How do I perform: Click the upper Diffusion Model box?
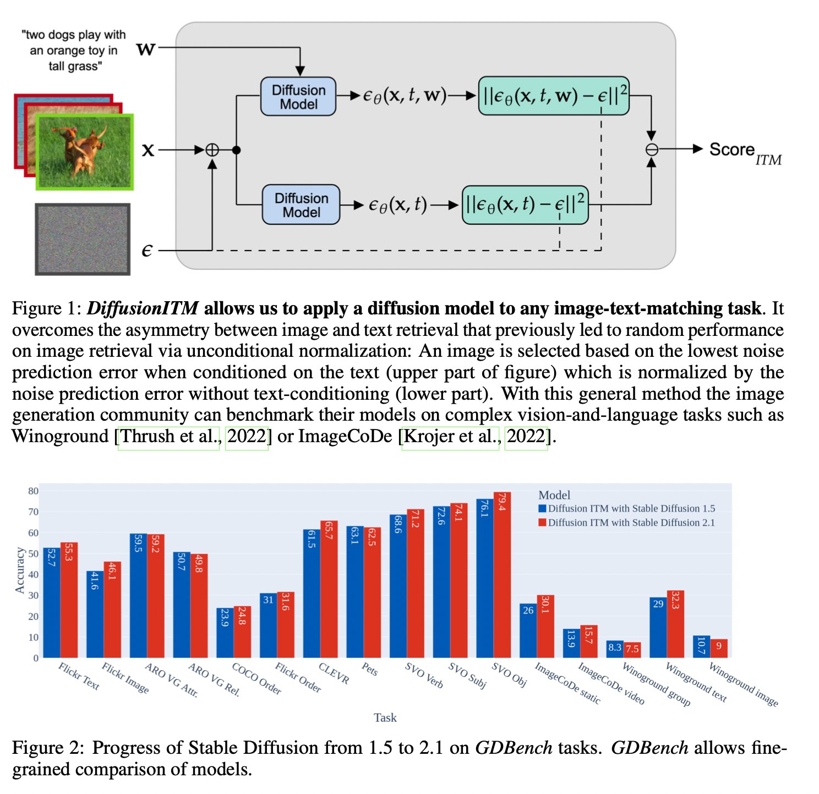point(298,96)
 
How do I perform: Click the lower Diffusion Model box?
point(301,205)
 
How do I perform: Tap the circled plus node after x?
point(212,150)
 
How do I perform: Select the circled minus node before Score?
point(651,149)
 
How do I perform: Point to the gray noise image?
point(83,239)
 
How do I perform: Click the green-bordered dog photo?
point(84,152)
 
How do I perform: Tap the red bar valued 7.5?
point(632,650)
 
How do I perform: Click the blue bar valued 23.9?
point(225,633)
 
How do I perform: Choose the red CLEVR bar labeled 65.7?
point(329,589)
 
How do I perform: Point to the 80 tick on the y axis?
point(33,491)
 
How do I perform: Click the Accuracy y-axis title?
point(20,570)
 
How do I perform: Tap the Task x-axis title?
point(385,717)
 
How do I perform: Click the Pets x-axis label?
point(369,670)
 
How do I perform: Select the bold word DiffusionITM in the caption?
point(143,308)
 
